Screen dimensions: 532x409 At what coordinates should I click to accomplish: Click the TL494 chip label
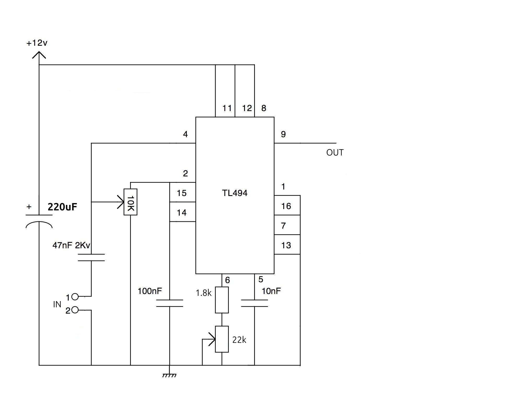pyautogui.click(x=235, y=193)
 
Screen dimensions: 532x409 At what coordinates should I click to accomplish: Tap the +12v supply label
pyautogui.click(x=37, y=43)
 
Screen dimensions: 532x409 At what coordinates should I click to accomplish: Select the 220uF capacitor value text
pyautogui.click(x=62, y=207)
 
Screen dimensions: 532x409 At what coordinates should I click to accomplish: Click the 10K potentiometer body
pyautogui.click(x=130, y=202)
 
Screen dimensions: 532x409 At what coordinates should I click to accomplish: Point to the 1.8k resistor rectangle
pyautogui.click(x=222, y=300)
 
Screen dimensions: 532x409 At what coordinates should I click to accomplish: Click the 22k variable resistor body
pyautogui.click(x=222, y=339)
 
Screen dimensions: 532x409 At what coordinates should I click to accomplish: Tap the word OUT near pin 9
pyautogui.click(x=335, y=153)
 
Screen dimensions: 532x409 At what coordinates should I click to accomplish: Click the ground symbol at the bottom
pyautogui.click(x=169, y=376)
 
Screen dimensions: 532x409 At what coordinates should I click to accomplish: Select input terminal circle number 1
pyautogui.click(x=75, y=297)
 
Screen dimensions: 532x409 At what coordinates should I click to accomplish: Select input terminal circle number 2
pyautogui.click(x=75, y=310)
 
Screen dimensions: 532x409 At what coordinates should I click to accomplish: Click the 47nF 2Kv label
pyautogui.click(x=71, y=245)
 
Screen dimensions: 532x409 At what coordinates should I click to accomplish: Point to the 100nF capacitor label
pyautogui.click(x=150, y=291)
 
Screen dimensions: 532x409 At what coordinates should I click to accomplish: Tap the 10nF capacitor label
pyautogui.click(x=271, y=291)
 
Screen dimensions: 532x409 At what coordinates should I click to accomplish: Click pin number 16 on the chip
pyautogui.click(x=286, y=206)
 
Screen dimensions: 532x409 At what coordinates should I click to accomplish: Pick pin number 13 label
pyautogui.click(x=286, y=245)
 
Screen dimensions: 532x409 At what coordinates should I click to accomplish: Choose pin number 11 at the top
pyautogui.click(x=227, y=108)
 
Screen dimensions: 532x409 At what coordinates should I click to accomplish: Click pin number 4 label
pyautogui.click(x=185, y=134)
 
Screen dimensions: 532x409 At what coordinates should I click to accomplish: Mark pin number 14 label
pyautogui.click(x=182, y=213)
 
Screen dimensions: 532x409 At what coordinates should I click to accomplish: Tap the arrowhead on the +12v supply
pyautogui.click(x=39, y=55)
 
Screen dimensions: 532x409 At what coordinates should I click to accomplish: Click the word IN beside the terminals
pyautogui.click(x=57, y=304)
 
